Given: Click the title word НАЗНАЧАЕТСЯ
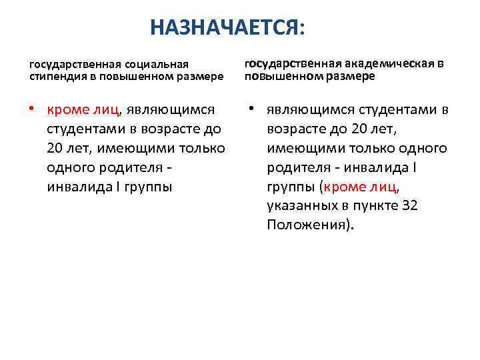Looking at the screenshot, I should point(225,27).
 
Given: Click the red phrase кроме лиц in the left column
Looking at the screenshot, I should point(83,109).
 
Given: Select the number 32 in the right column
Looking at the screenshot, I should point(410,206).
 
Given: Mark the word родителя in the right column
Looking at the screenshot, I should point(298,167).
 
